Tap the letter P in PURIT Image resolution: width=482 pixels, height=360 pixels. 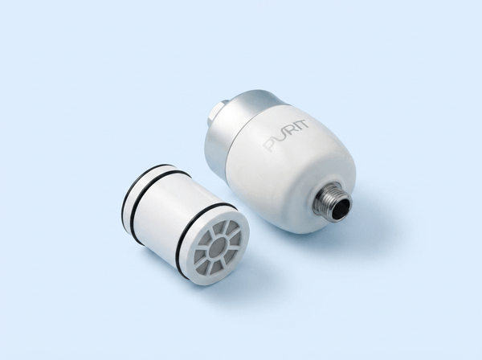coord(270,145)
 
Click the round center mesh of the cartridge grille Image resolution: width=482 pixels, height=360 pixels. coord(216,247)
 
